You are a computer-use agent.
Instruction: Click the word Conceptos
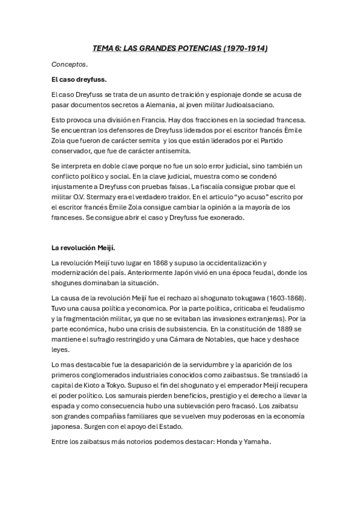(x=69, y=63)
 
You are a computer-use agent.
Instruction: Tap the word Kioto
(x=106, y=385)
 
